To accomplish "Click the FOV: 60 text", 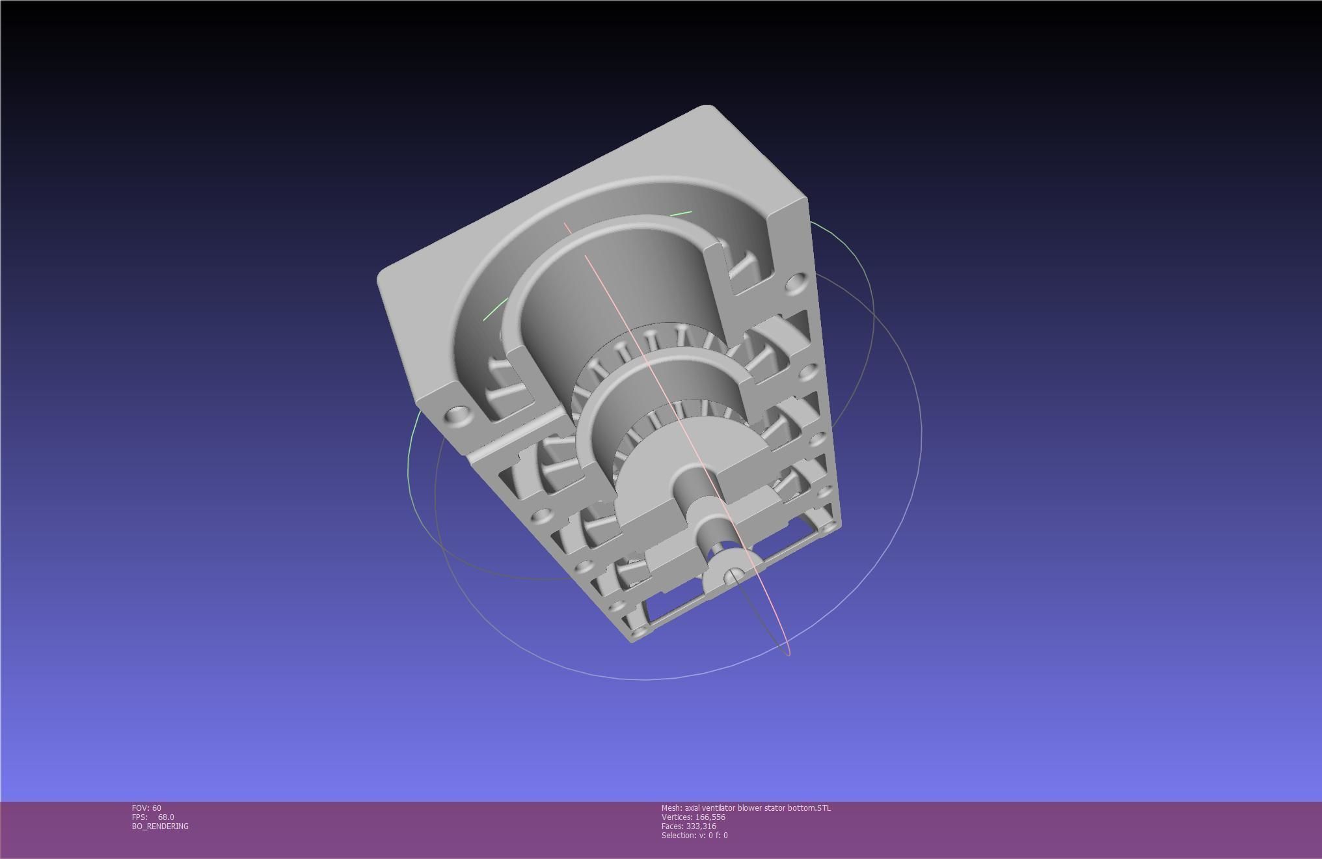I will pos(146,808).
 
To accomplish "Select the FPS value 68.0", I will pos(166,817).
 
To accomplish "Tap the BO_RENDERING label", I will pos(160,826).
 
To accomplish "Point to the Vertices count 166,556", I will pos(694,817).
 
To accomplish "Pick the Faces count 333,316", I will pos(689,826).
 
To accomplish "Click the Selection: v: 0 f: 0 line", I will pos(695,836).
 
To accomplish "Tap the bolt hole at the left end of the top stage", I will pos(459,414).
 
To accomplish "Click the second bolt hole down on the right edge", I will pos(807,372).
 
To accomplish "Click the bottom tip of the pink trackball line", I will pos(789,653).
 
